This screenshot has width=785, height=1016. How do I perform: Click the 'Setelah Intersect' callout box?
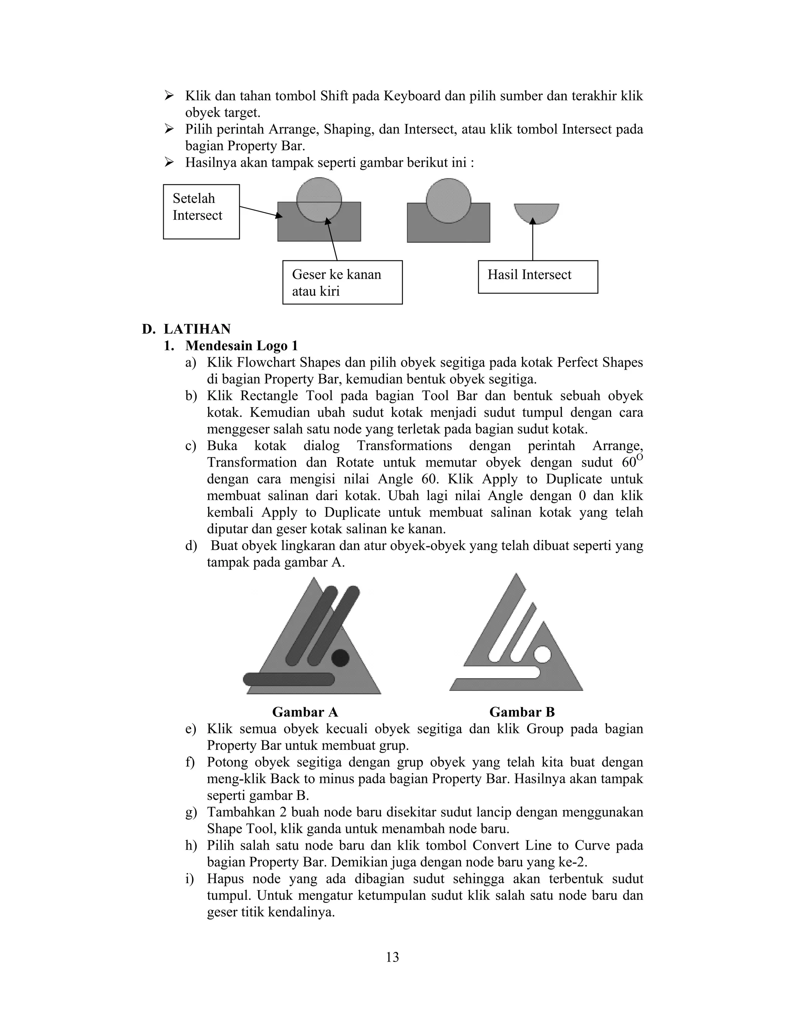coord(201,212)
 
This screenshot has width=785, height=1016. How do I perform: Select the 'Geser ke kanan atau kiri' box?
coord(342,283)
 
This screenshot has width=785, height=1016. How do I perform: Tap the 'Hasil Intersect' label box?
coord(538,277)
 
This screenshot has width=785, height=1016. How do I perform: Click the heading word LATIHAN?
coord(197,329)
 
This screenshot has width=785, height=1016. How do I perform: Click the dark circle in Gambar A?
coord(340,657)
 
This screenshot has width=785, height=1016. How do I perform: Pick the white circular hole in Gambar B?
coord(542,654)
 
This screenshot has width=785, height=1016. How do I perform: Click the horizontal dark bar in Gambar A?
coord(289,679)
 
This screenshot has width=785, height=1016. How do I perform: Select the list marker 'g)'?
coord(191,812)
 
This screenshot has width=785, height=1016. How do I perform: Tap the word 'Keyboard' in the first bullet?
coord(412,96)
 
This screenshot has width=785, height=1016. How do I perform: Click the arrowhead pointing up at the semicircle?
coord(533,221)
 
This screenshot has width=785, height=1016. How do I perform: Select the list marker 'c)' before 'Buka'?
coord(191,446)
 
